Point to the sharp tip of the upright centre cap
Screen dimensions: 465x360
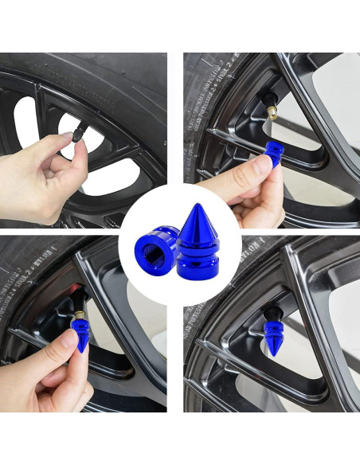click(196, 207)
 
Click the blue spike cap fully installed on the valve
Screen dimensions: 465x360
click(272, 334)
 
